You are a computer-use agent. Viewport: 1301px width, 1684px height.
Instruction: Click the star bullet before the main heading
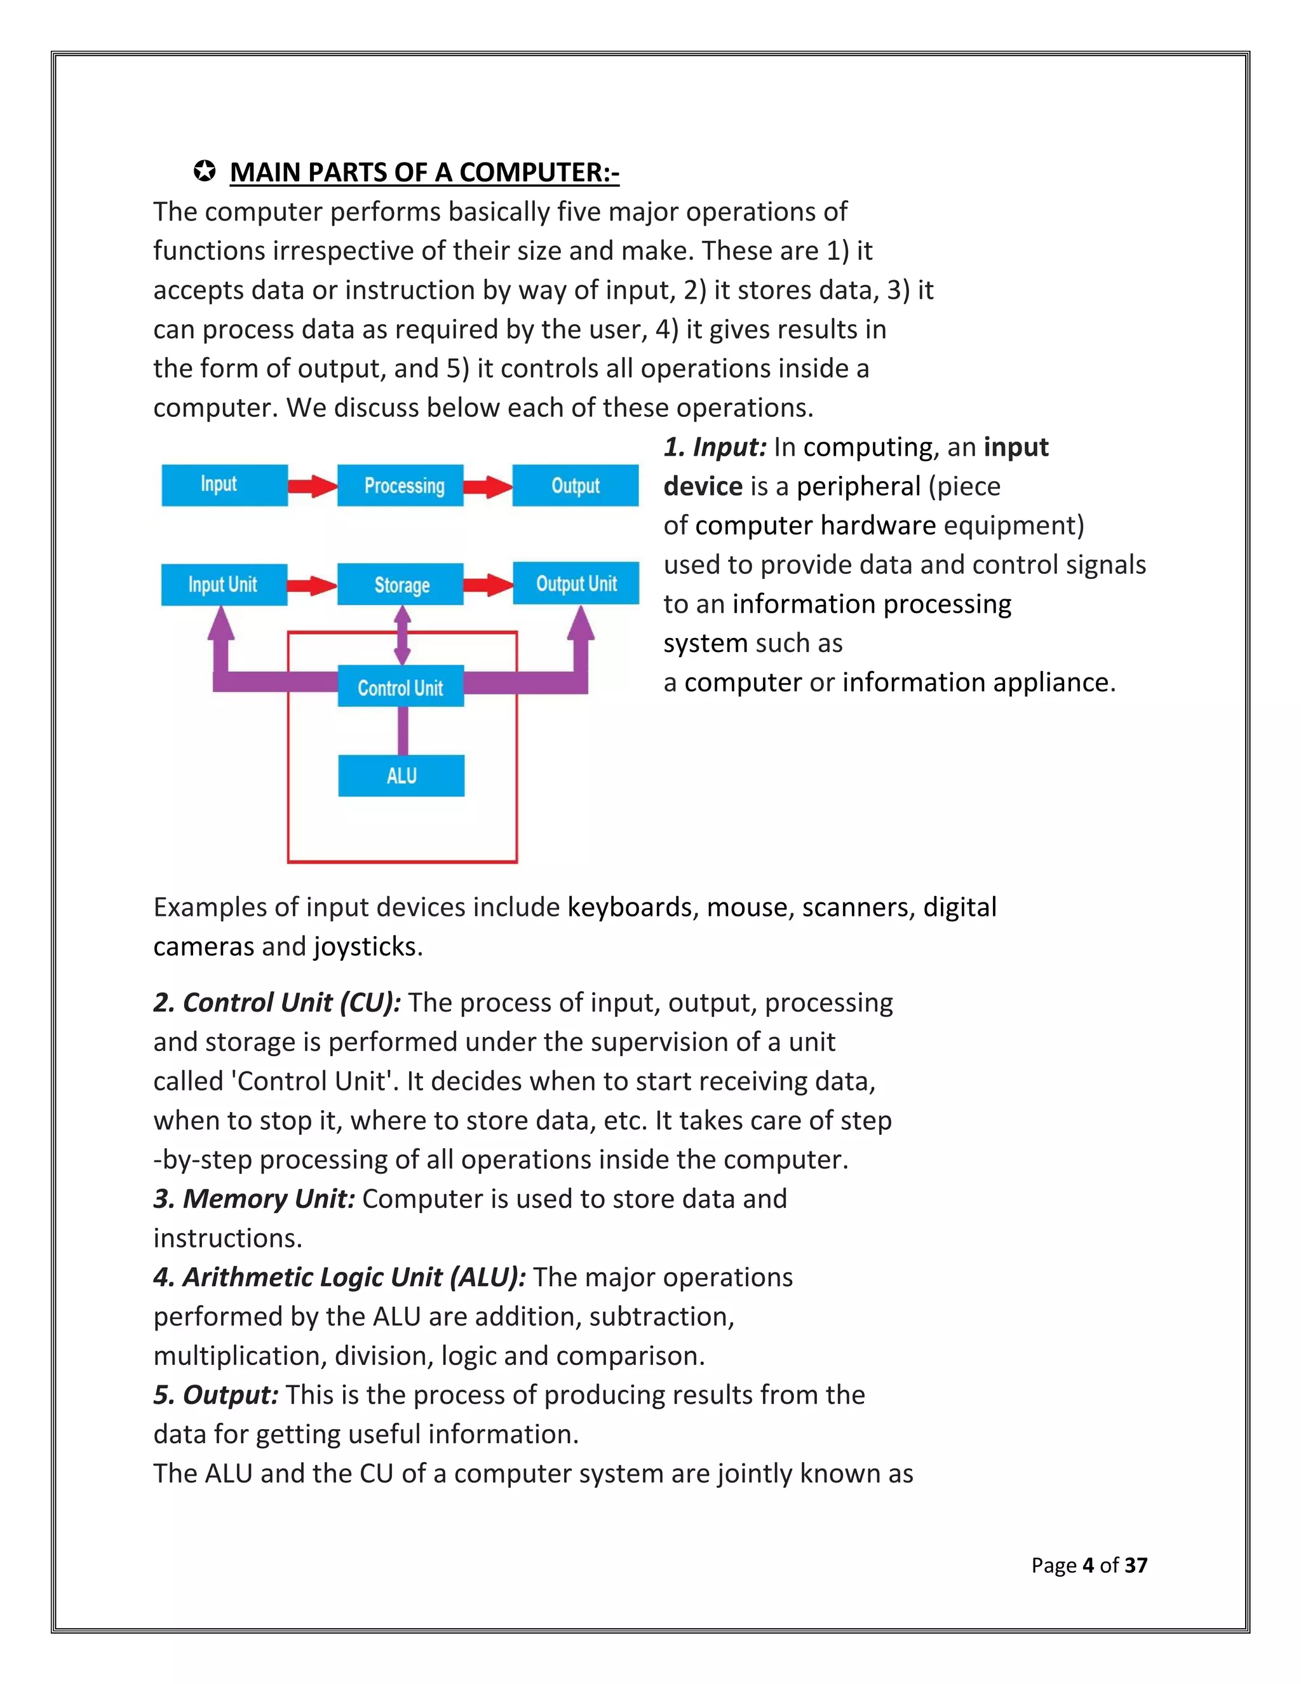point(205,171)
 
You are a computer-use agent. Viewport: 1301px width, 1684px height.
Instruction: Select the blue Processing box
point(401,485)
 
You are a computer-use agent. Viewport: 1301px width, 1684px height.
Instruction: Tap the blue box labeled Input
point(224,484)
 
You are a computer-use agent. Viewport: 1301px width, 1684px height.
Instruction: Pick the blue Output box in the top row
point(575,485)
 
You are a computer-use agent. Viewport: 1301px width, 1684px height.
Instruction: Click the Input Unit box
point(224,585)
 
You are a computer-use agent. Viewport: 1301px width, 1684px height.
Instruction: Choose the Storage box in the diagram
point(401,585)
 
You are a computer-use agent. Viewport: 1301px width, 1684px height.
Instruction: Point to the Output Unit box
point(576,584)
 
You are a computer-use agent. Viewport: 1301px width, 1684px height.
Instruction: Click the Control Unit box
point(401,686)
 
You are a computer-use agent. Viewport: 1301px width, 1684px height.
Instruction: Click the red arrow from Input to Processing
point(312,486)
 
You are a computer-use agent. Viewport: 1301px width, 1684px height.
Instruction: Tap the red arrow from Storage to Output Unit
point(488,585)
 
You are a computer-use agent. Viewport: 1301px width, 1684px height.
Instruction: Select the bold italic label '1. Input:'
point(715,447)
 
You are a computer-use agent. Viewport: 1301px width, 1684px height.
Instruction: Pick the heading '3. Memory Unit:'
point(253,1199)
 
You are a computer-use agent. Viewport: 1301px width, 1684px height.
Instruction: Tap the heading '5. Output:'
point(216,1395)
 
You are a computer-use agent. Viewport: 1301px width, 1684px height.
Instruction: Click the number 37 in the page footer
point(1135,1565)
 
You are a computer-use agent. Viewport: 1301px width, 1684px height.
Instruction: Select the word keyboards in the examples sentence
point(629,907)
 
